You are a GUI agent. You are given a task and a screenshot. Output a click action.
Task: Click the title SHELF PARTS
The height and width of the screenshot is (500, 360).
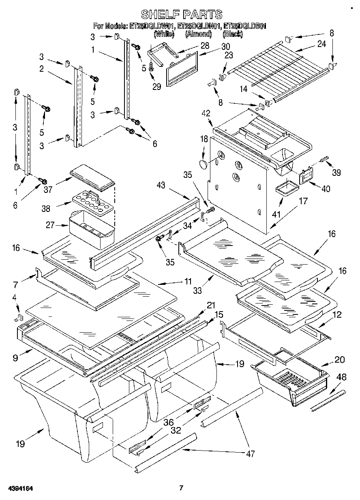pos(181,15)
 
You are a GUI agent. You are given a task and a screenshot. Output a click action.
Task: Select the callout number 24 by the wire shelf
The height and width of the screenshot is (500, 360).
pos(321,44)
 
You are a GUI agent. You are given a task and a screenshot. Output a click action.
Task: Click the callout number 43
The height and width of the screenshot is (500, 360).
pos(161,186)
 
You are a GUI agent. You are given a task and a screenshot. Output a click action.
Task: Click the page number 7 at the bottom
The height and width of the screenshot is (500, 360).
pos(181,488)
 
